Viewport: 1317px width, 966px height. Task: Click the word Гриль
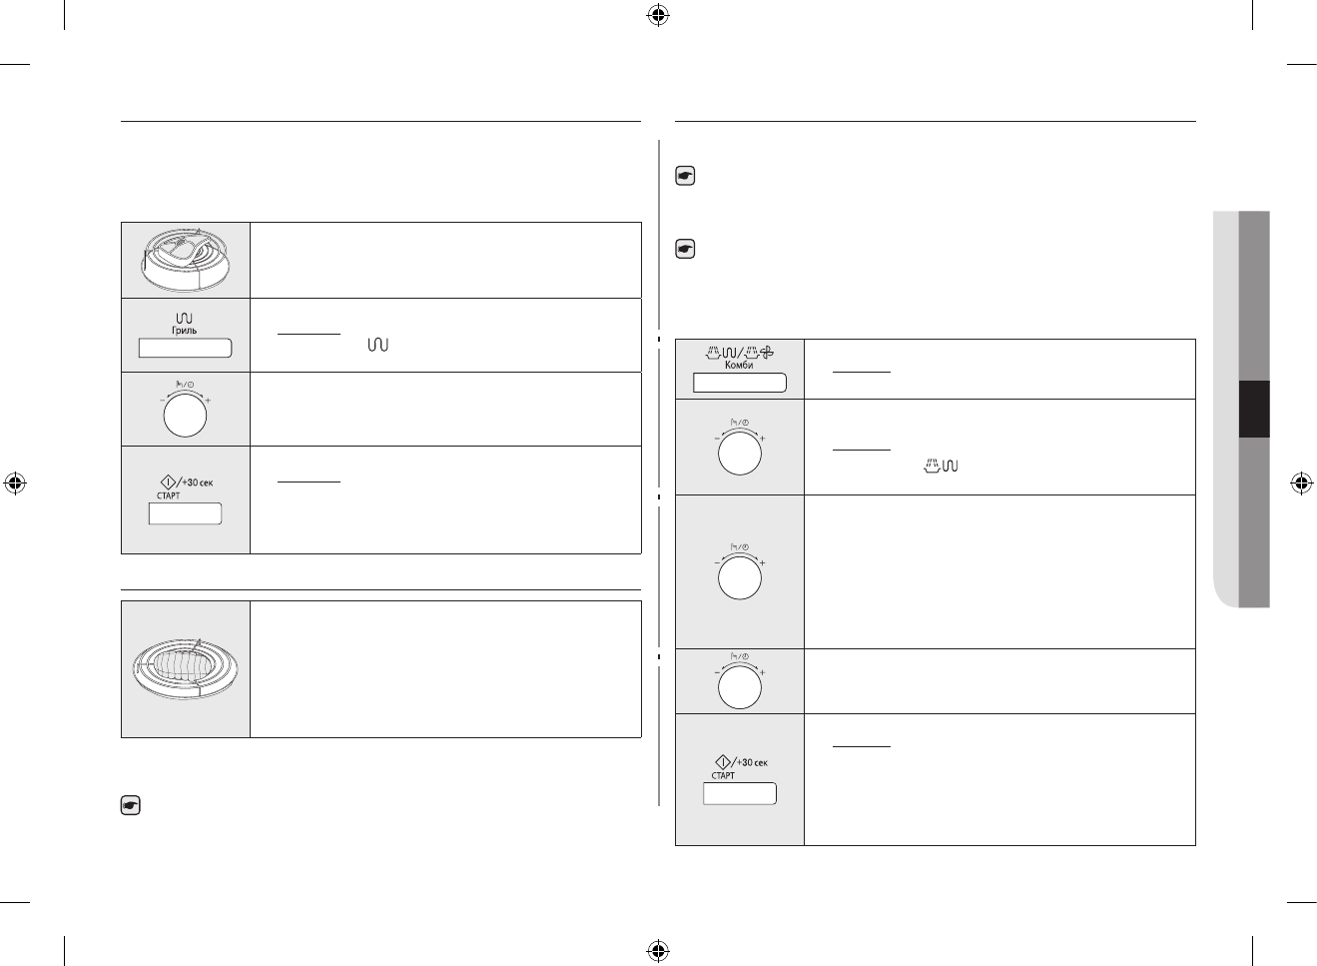185,330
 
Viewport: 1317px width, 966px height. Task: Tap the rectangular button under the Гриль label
185,348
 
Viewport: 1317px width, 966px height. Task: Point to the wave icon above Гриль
184,317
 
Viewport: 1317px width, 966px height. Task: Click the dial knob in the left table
185,417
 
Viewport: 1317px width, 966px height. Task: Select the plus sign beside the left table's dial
208,401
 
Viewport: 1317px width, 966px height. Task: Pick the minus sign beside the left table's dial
163,401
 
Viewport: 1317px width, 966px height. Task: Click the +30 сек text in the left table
197,483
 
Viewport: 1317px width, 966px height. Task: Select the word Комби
739,366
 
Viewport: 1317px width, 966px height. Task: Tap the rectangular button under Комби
740,383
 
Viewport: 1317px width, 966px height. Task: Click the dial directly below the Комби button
739,455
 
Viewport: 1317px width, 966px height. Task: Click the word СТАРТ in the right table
723,775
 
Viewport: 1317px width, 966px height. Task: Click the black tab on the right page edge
1254,409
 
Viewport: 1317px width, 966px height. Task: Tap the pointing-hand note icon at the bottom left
130,805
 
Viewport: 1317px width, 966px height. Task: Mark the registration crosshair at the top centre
657,15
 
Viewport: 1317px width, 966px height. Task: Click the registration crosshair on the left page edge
15,483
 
